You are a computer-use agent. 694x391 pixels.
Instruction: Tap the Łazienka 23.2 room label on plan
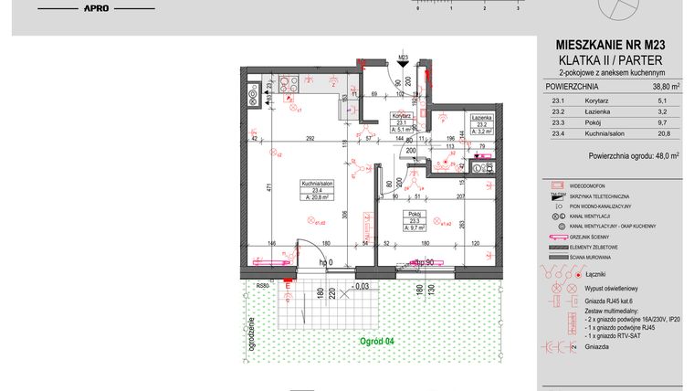(x=482, y=125)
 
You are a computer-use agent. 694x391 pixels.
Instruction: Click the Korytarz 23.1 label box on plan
(x=400, y=122)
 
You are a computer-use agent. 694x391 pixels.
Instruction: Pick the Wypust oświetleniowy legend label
(x=610, y=287)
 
